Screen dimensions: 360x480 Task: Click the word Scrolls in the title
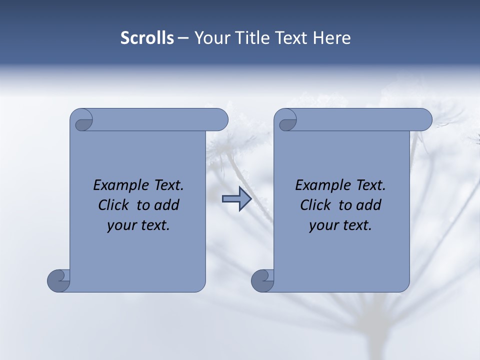147,38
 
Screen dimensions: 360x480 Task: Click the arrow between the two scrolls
236,199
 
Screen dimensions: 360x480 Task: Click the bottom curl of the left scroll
59,280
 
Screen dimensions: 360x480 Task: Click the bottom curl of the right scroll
263,280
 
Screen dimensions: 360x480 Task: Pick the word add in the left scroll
167,205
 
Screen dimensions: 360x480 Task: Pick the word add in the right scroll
369,205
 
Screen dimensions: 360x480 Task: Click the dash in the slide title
183,38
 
